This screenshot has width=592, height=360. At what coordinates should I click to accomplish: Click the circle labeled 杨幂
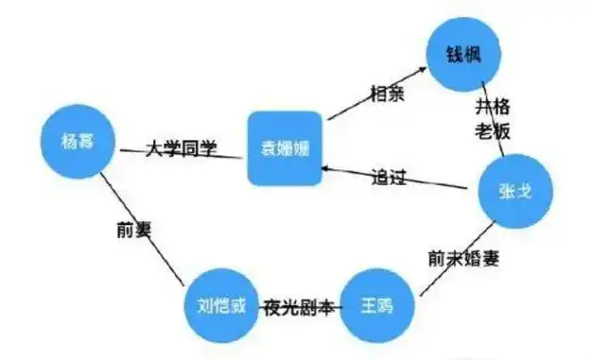coord(78,145)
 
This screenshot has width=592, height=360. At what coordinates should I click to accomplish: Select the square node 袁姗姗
coord(284,148)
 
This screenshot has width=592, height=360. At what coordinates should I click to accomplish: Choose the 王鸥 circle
coord(375,306)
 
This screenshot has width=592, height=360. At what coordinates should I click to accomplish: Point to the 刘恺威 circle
coord(219,308)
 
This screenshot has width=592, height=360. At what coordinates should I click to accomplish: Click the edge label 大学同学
coord(181,148)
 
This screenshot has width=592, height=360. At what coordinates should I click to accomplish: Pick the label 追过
coord(395,176)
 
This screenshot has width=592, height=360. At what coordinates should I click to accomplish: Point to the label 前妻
coord(130,228)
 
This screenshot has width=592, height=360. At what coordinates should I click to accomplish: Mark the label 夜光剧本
coord(298,307)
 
